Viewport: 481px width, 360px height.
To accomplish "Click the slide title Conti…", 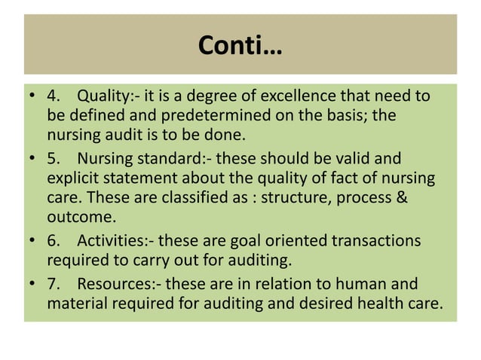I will click(240, 47).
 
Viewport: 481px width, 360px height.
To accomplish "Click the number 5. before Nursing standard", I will click(54, 159).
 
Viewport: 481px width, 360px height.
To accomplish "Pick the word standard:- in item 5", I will click(171, 159).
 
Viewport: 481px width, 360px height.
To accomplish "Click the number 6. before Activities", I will click(54, 241).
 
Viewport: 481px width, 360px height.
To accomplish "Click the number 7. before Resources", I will click(54, 285).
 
